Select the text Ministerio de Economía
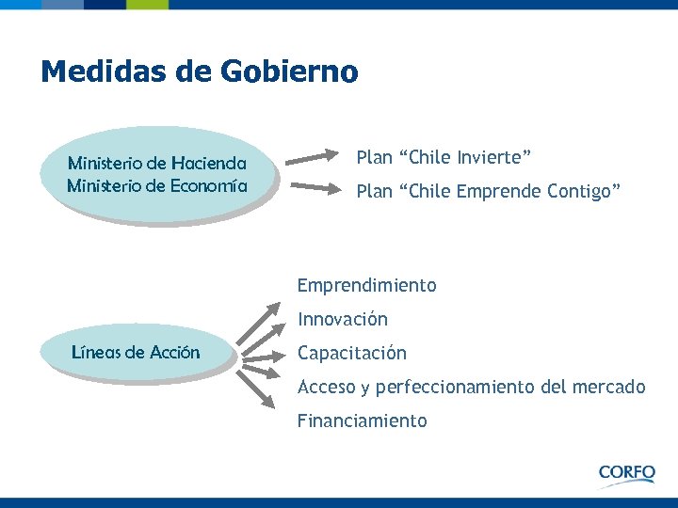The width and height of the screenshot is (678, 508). point(157,185)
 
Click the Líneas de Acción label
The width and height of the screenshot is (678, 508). point(136,353)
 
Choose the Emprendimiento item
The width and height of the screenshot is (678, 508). point(366,285)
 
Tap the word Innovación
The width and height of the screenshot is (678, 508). point(342,319)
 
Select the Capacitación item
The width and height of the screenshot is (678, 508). point(352,353)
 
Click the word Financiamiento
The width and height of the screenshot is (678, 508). point(362,421)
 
